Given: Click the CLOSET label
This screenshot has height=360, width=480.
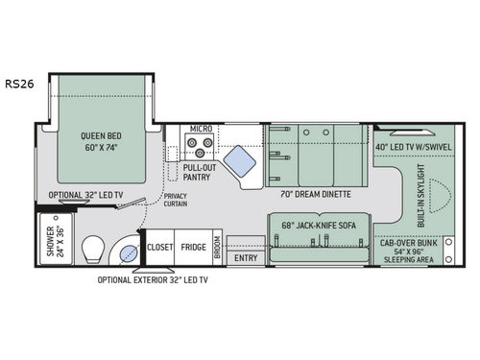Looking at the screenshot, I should [159, 247].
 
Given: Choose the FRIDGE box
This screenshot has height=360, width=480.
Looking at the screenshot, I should [193, 247].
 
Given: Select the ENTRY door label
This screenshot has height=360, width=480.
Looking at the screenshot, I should [246, 257].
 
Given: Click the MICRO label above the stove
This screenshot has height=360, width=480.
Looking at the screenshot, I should [201, 128].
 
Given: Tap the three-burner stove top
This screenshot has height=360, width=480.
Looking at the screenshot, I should [199, 147].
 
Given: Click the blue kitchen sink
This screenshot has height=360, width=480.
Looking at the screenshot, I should [242, 156].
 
